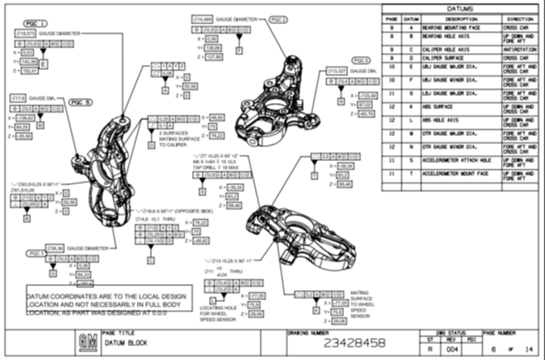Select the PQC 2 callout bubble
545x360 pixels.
tap(279, 19)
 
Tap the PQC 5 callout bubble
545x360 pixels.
tap(81, 102)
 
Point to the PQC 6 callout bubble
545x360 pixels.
tap(362, 60)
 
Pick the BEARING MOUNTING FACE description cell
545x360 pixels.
tap(452, 27)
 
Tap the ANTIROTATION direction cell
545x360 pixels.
tap(519, 49)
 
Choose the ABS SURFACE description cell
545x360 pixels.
tap(452, 106)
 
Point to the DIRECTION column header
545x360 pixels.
tap(519, 18)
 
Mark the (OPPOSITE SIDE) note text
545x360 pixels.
tap(200, 211)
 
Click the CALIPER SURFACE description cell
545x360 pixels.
tap(452, 58)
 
